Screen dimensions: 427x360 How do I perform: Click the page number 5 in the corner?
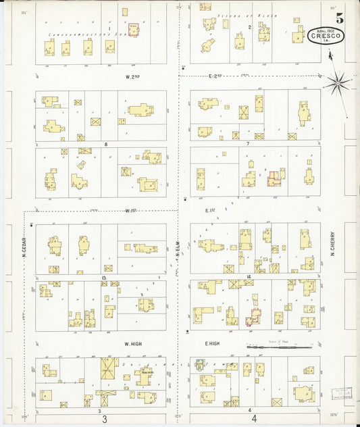tap(340, 18)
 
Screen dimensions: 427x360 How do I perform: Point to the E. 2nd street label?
tap(215, 76)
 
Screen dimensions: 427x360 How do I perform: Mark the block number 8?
tap(106, 144)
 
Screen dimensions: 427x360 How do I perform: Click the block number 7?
tap(248, 144)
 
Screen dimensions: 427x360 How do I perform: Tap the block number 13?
tap(104, 278)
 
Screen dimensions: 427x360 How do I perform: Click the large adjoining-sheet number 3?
tap(105, 420)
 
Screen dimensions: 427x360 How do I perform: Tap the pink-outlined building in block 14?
tap(253, 317)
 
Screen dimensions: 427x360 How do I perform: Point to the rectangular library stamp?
tap(343, 394)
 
